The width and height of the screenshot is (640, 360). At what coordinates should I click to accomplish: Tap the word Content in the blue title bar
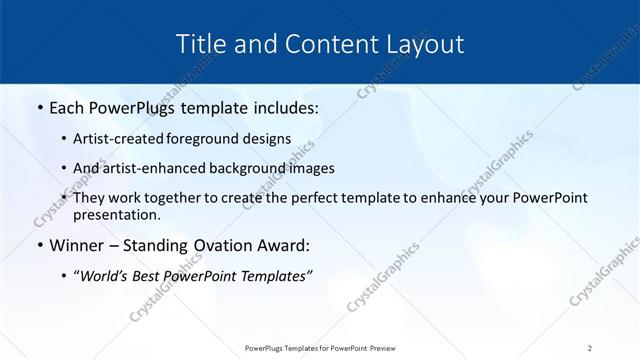pos(322,44)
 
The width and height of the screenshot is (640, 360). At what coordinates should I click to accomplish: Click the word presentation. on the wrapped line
pos(117,214)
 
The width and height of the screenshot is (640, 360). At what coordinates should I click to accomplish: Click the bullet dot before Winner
pos(39,246)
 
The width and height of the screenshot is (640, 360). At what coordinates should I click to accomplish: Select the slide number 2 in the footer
pos(590,348)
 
